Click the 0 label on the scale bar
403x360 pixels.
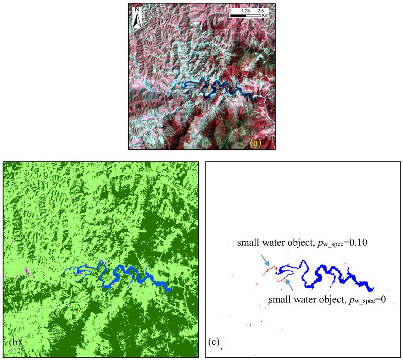pyautogui.click(x=230, y=11)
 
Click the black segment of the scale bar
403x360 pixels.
pyautogui.click(x=238, y=16)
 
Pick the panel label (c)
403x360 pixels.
pyautogui.click(x=213, y=343)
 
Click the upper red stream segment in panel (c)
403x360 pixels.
pyautogui.click(x=270, y=271)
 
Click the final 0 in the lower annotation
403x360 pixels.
pyautogui.click(x=383, y=300)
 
